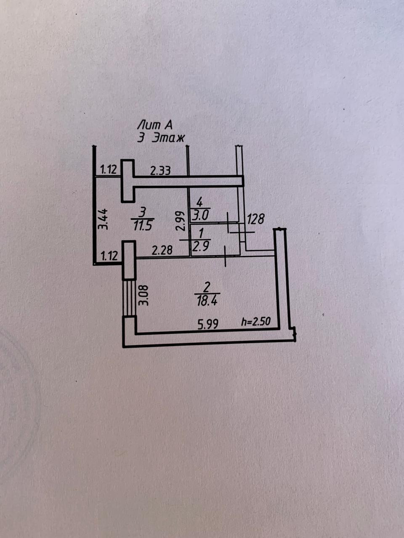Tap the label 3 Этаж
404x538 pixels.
tap(162, 138)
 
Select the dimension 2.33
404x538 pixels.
tap(160, 170)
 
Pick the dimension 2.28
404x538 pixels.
tap(162, 251)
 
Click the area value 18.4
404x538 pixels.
tap(207, 301)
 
